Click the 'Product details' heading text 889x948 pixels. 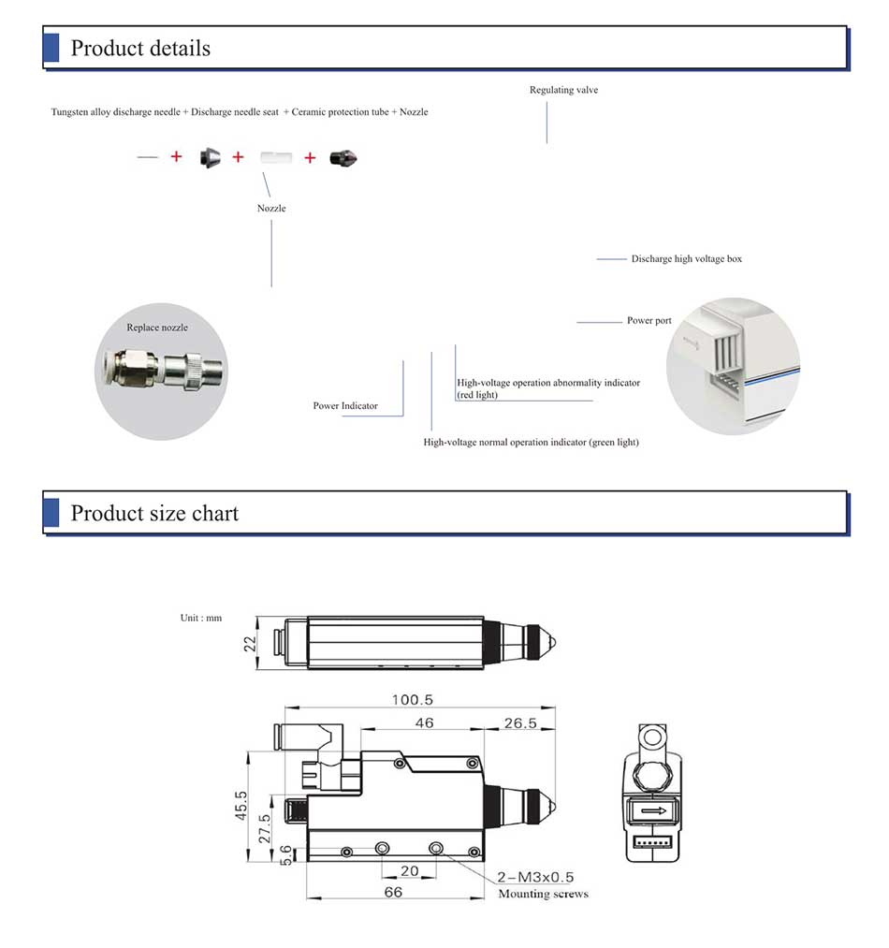[140, 49]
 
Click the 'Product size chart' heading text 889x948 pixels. [154, 513]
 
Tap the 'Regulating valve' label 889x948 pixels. [563, 90]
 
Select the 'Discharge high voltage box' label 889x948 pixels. [686, 258]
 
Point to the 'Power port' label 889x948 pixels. [649, 321]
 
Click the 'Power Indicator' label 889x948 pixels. [345, 406]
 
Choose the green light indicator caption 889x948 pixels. [531, 442]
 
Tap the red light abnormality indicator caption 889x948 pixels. [548, 388]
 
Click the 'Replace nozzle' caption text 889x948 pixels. [157, 328]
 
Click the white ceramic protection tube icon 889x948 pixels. [276, 157]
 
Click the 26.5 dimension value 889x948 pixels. [519, 722]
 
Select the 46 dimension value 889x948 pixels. [424, 722]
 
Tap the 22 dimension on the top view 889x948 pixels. [250, 643]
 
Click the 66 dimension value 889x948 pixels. [393, 893]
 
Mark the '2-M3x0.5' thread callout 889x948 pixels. [535, 877]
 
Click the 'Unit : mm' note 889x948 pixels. [201, 618]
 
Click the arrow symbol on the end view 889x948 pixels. [653, 810]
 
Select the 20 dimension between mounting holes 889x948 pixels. [410, 870]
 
